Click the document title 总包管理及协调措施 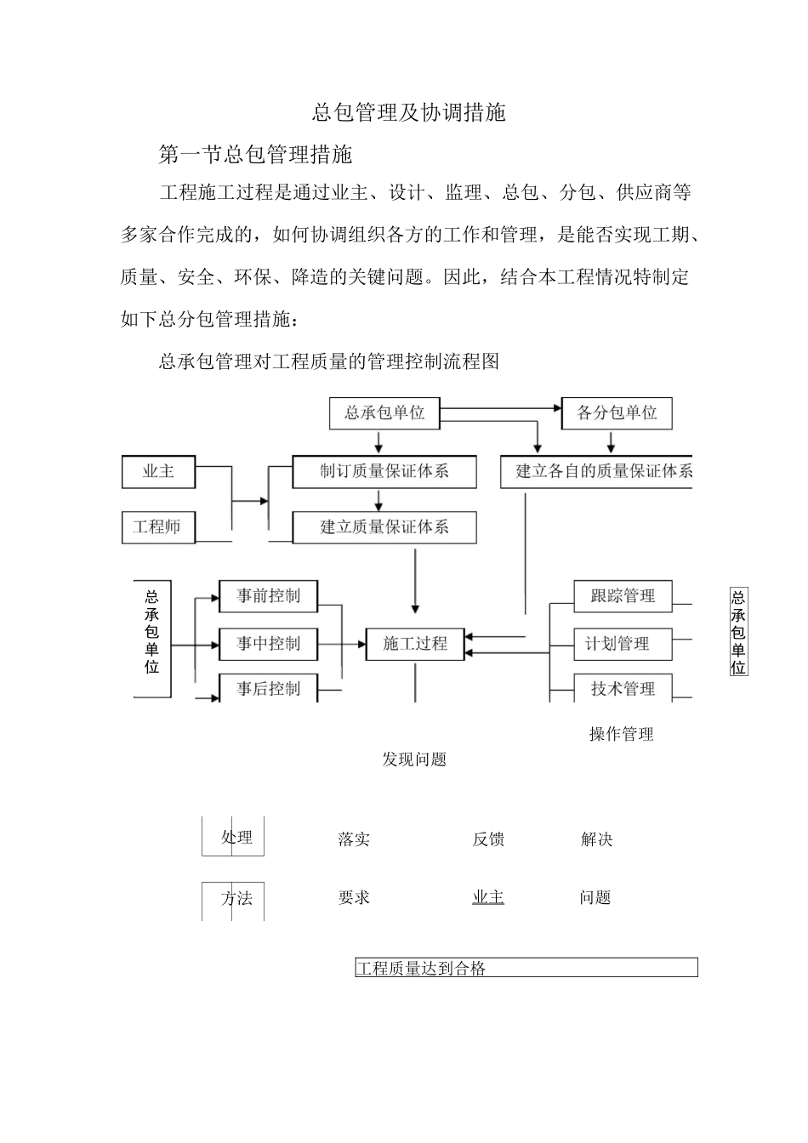[x=409, y=112]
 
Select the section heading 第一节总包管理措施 [x=256, y=155]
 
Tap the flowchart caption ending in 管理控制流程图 [x=329, y=361]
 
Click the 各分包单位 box [x=617, y=413]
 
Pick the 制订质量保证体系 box [x=384, y=471]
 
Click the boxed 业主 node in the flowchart [x=159, y=471]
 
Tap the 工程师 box [x=158, y=527]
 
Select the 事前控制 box [x=269, y=596]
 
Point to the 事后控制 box [x=269, y=689]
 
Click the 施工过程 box [x=415, y=644]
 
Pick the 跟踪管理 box [x=623, y=596]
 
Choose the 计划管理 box [x=617, y=644]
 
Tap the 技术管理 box [x=623, y=689]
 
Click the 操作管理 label [x=622, y=734]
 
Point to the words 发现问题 [x=414, y=759]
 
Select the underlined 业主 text [x=488, y=897]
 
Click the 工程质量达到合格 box [x=526, y=968]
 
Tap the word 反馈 [x=488, y=839]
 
